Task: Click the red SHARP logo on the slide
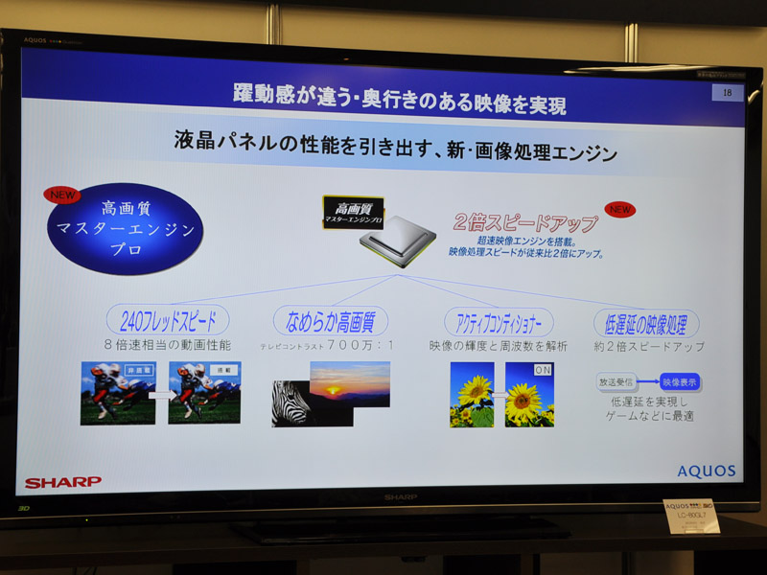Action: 63,481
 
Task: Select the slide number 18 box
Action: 727,92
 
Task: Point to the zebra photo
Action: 296,402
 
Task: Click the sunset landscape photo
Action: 349,383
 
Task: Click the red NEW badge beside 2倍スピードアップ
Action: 619,209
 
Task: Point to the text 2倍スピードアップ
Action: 525,223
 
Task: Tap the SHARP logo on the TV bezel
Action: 401,497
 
